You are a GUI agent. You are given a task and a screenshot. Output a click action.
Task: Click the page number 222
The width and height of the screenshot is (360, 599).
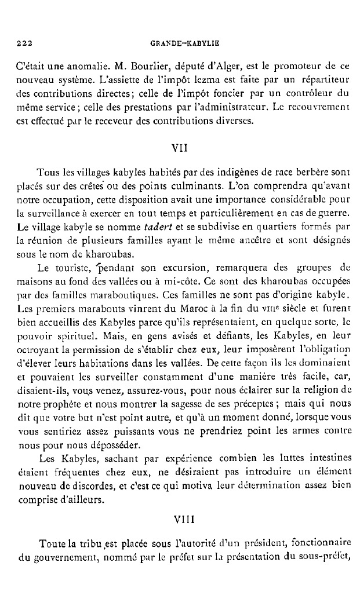[23, 43]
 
